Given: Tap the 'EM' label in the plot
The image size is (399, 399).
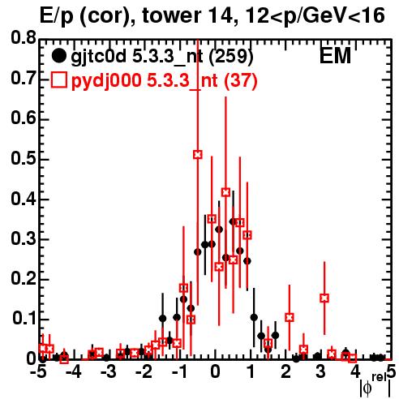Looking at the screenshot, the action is coord(335,56).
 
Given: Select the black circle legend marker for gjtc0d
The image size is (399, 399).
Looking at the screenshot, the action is coord(58,56).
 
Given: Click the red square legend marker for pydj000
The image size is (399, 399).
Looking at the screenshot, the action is coord(58,80).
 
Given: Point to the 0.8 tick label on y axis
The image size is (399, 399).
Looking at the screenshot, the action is coord(24,38).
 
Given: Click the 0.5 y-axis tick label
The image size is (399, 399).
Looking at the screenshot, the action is coord(24,158).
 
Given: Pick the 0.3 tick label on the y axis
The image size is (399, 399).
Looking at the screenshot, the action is coord(24,238).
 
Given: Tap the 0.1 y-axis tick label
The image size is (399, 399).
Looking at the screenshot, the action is coord(24,319).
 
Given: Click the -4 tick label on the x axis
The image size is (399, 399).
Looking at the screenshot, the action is coord(73,372).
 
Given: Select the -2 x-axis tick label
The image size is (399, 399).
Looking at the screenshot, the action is coord(145,372).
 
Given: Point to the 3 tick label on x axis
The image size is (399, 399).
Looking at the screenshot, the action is coord(320,372).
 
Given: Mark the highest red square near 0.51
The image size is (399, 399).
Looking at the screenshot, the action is coord(198,155).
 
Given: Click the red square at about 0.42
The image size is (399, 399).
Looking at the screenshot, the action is coord(226,192).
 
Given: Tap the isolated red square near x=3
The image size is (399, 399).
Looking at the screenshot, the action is coord(324,298).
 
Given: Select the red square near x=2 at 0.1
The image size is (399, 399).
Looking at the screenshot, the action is coord(290,317).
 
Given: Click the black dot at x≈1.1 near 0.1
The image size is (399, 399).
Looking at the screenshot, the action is coord(254,317).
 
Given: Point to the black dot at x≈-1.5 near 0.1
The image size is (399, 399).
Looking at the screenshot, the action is coord(163,319).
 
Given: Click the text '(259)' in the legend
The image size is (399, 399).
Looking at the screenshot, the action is coord(231,56).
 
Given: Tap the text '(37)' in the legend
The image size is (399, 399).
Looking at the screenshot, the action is coord(240,81).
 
